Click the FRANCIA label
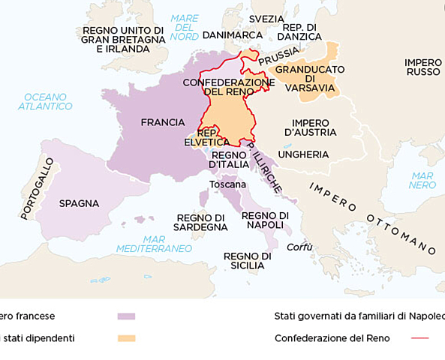tap(163, 122)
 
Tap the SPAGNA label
tap(79, 203)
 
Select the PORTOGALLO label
tap(38, 188)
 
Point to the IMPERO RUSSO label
tap(423, 67)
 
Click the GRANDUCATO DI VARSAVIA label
tap(310, 78)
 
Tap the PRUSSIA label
tap(279, 55)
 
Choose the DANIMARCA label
tap(233, 35)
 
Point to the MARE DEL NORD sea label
tap(184, 27)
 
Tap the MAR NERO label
tap(422, 180)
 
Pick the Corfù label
tap(299, 247)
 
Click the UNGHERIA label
tap(303, 154)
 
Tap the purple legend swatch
tap(126, 316)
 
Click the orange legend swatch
tap(126, 338)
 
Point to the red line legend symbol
tap(420, 338)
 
